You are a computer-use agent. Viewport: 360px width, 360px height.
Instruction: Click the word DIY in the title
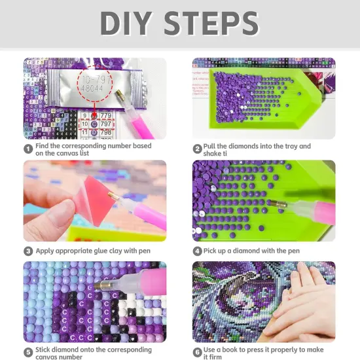tap(134, 24)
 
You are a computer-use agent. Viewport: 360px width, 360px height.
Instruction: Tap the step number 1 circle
tap(28, 149)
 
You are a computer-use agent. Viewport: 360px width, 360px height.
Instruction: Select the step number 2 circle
tap(197, 149)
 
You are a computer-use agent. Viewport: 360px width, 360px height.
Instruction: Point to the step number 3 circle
tap(28, 251)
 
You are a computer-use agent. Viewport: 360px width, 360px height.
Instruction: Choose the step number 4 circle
tap(197, 251)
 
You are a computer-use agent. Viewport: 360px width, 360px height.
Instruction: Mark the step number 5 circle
tap(28, 352)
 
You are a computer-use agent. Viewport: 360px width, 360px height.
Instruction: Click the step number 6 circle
tap(197, 352)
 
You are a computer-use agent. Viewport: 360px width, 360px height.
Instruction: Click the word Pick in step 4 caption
tap(211, 251)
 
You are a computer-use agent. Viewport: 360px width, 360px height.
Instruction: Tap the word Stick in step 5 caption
tap(44, 348)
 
